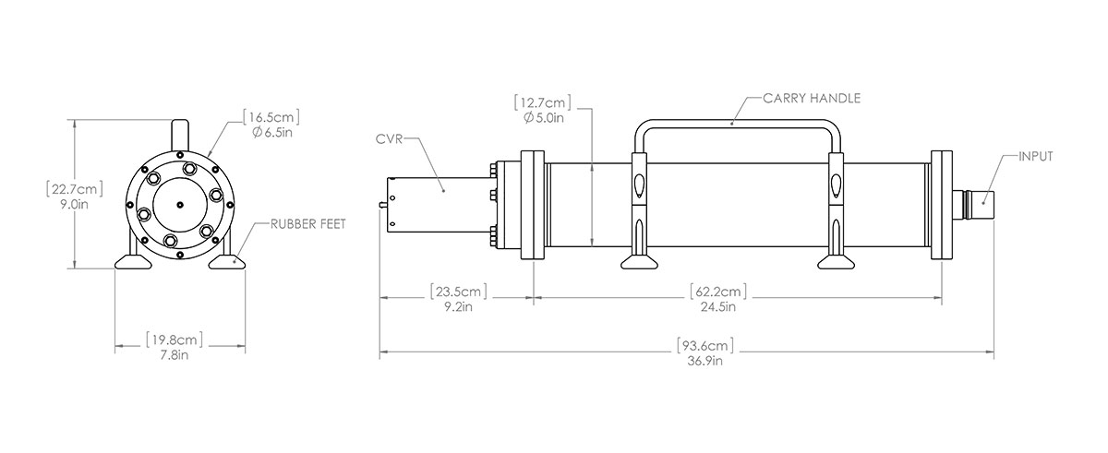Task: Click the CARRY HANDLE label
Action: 812,96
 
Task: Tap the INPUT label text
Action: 1034,157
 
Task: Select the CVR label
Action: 389,139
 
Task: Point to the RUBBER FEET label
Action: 308,224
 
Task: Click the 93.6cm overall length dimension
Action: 708,346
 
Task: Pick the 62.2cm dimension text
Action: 717,292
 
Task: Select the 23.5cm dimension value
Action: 458,292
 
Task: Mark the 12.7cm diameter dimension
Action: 543,101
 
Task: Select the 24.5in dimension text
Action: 717,307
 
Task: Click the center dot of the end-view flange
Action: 179,205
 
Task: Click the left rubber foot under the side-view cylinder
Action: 639,264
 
